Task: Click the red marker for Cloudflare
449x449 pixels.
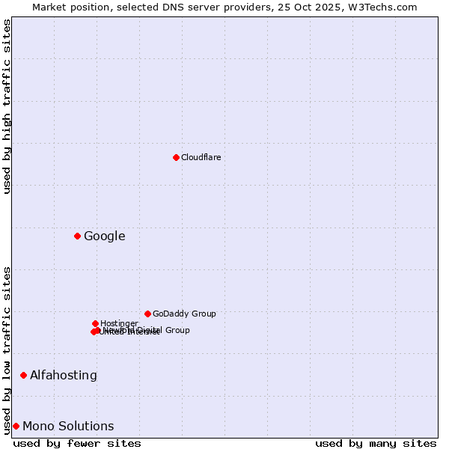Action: (x=176, y=157)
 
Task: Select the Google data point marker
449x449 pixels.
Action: (x=77, y=236)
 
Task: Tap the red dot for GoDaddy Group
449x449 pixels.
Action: (x=147, y=314)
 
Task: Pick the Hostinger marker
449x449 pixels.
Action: (x=95, y=323)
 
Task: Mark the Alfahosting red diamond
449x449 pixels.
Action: (x=23, y=375)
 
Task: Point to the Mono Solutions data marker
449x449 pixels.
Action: (x=16, y=427)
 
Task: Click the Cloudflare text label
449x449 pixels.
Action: (x=201, y=157)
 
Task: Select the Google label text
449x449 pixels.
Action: (x=104, y=236)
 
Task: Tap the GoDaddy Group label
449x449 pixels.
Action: (x=183, y=314)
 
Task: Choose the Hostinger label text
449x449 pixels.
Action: (x=119, y=323)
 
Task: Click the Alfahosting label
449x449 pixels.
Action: (x=63, y=375)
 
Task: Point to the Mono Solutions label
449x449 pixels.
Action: (x=68, y=427)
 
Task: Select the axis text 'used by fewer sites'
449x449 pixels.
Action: (x=77, y=443)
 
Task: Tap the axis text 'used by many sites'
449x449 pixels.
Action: (x=376, y=443)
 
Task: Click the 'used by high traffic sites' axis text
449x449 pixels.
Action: (x=7, y=106)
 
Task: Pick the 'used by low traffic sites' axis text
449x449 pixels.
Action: (x=7, y=349)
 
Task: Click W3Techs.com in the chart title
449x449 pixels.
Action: (x=388, y=7)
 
